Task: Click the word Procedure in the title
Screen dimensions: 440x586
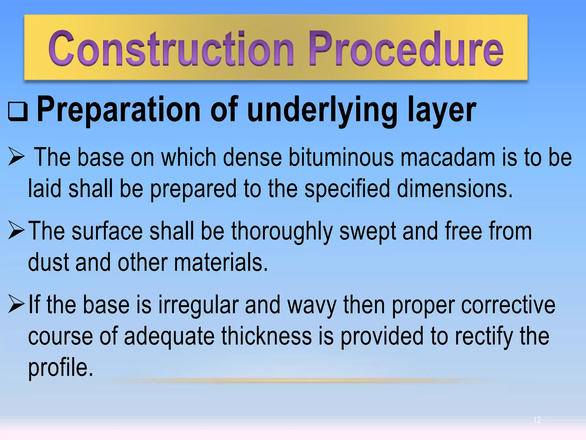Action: pyautogui.click(x=406, y=49)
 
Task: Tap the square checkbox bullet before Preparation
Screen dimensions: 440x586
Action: pyautogui.click(x=18, y=111)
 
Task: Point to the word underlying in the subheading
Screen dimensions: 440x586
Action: pyautogui.click(x=322, y=110)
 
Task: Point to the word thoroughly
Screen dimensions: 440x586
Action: pyautogui.click(x=282, y=231)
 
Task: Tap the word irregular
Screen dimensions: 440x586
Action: pyautogui.click(x=199, y=305)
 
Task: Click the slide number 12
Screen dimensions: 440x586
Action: pyautogui.click(x=537, y=420)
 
